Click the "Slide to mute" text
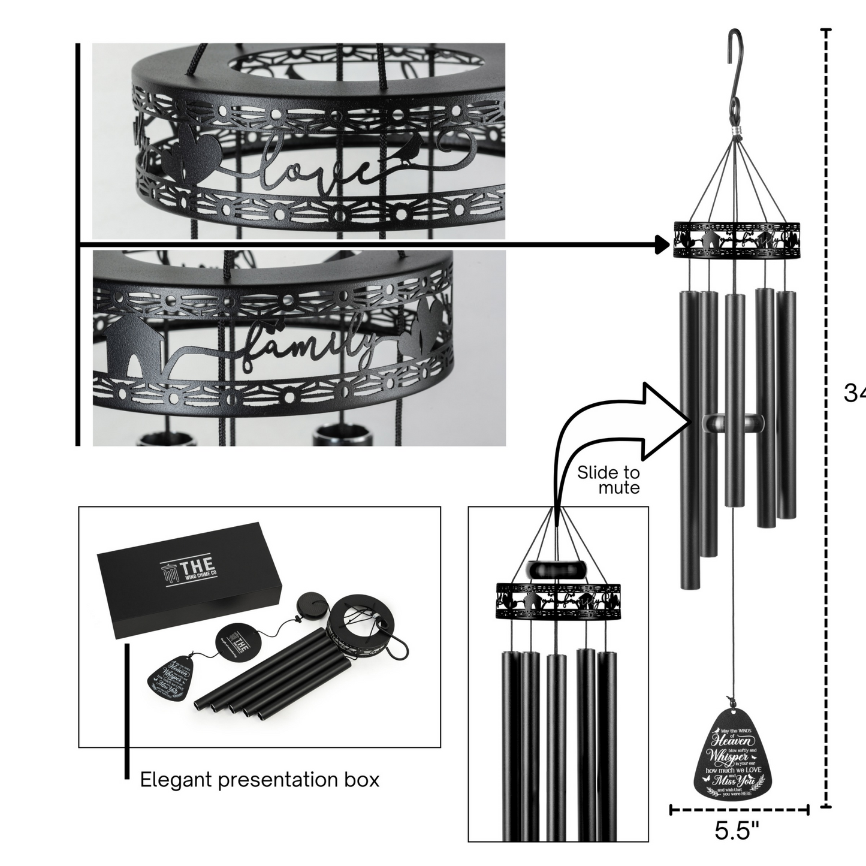[608, 479]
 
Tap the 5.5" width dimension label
[737, 831]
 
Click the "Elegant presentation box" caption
[260, 780]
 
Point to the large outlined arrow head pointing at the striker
[662, 420]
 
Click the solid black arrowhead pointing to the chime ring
[663, 245]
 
